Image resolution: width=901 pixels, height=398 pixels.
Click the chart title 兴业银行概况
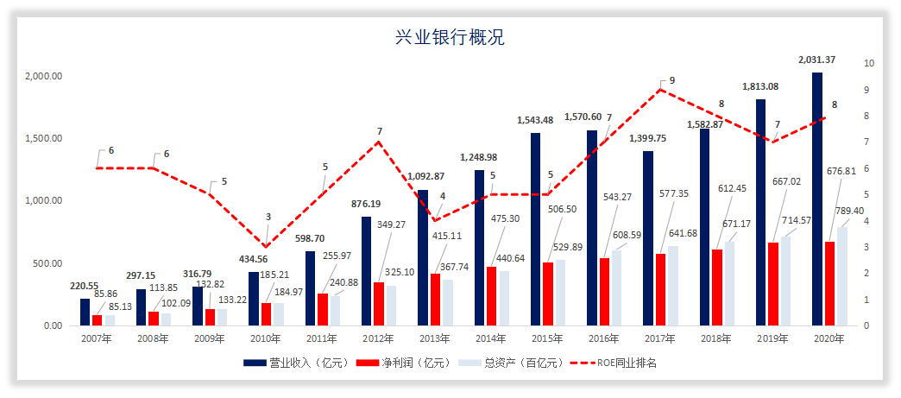[450, 37]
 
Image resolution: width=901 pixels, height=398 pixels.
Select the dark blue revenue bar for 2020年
[816, 199]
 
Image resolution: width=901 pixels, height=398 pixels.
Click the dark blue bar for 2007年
[85, 312]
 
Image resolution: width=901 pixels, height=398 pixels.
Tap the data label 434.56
[253, 259]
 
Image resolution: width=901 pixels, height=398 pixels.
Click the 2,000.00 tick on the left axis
[44, 76]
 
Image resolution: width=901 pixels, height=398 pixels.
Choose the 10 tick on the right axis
[869, 64]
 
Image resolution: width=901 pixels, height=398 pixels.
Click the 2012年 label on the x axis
[377, 339]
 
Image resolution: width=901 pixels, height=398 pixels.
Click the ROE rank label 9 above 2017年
[672, 80]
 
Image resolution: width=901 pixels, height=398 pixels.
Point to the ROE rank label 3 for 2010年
[268, 217]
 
